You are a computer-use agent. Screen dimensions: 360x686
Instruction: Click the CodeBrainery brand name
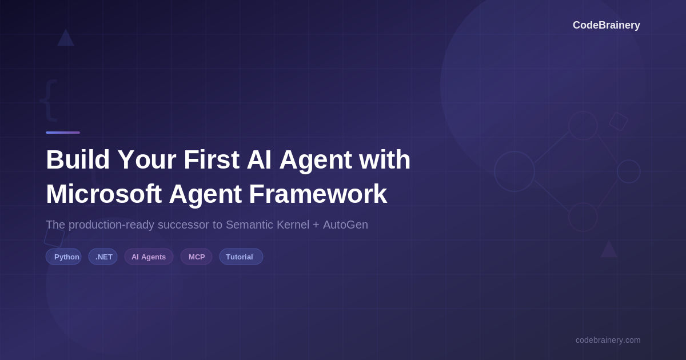click(606, 25)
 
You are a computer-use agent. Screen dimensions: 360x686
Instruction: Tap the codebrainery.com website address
click(608, 340)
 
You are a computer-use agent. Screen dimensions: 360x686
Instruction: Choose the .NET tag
click(103, 257)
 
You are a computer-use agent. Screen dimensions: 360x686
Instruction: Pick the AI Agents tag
click(149, 257)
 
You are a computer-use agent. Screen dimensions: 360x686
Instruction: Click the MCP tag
click(196, 257)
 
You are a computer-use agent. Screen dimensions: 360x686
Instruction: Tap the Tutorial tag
click(241, 257)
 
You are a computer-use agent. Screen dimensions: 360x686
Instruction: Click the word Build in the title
click(78, 159)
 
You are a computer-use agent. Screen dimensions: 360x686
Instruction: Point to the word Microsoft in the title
click(103, 194)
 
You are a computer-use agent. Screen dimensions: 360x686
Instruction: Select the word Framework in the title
click(318, 194)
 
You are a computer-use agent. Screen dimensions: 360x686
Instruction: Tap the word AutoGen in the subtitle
click(345, 225)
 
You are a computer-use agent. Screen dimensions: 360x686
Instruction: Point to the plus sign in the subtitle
click(316, 225)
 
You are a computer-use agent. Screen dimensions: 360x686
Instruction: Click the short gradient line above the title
click(63, 133)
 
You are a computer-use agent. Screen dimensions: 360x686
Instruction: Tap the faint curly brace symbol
click(49, 99)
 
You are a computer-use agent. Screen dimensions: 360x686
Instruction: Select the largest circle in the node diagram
click(514, 171)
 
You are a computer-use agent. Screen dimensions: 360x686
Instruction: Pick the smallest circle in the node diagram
click(629, 171)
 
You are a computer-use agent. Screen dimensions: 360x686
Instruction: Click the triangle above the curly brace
click(66, 38)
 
